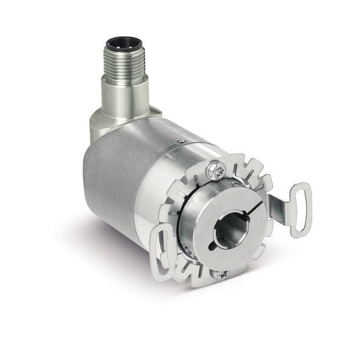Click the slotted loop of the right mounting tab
tap(300, 210)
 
